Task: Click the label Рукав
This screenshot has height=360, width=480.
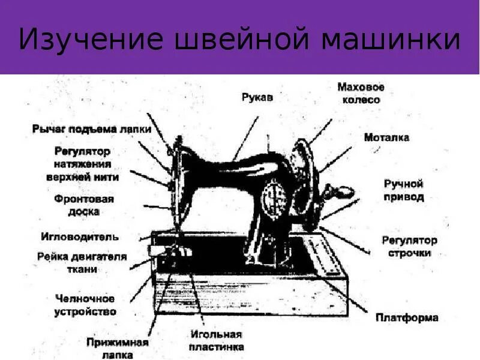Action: [x=257, y=97]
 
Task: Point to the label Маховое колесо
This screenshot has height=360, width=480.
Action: [x=361, y=93]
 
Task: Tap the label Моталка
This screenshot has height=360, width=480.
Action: [x=386, y=137]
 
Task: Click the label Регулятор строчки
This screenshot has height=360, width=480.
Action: [x=409, y=247]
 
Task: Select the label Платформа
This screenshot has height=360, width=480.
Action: [x=407, y=317]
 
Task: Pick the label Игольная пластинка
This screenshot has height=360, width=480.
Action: [x=217, y=340]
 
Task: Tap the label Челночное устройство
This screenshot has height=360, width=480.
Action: [x=85, y=305]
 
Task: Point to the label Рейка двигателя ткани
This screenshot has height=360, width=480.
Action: [x=82, y=263]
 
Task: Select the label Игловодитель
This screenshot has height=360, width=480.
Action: [x=80, y=236]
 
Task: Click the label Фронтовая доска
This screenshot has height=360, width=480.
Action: [x=85, y=205]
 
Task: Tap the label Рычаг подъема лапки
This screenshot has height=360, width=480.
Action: [x=91, y=129]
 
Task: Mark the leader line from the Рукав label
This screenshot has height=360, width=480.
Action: [x=246, y=138]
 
